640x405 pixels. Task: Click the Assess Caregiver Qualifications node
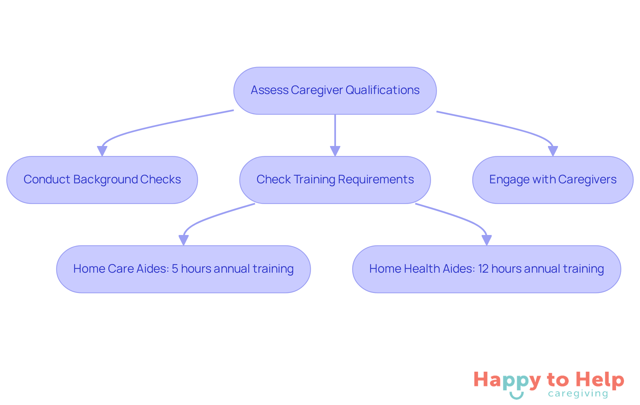[335, 91]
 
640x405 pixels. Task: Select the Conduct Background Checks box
[102, 180]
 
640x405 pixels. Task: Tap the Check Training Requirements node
[335, 180]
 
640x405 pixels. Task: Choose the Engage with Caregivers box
[553, 180]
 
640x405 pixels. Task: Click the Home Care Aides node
[183, 269]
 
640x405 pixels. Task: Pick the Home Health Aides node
[486, 269]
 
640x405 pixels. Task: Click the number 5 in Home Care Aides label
[175, 269]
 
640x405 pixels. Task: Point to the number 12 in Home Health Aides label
[483, 269]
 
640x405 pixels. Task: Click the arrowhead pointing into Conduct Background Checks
[102, 151]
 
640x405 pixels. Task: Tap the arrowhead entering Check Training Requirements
[335, 151]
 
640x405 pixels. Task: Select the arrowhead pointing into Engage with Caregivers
[553, 151]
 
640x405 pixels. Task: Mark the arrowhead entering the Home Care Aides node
[183, 240]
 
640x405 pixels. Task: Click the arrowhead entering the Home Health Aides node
[486, 240]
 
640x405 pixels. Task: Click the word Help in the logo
[600, 380]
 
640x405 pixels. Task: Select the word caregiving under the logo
[578, 394]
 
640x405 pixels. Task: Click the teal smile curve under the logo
[516, 396]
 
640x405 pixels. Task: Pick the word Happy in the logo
[507, 380]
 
